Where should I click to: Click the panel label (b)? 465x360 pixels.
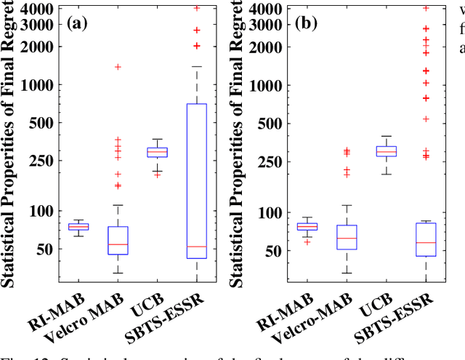pyautogui.click(x=306, y=23)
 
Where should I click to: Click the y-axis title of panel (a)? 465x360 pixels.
pyautogui.click(x=11, y=145)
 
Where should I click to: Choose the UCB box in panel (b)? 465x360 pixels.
pyautogui.click(x=387, y=151)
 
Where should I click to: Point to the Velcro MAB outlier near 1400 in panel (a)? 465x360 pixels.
pyautogui.click(x=118, y=67)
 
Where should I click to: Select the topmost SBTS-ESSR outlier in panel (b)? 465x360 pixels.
pyautogui.click(x=426, y=9)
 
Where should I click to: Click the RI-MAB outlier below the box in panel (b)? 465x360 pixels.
pyautogui.click(x=307, y=241)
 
